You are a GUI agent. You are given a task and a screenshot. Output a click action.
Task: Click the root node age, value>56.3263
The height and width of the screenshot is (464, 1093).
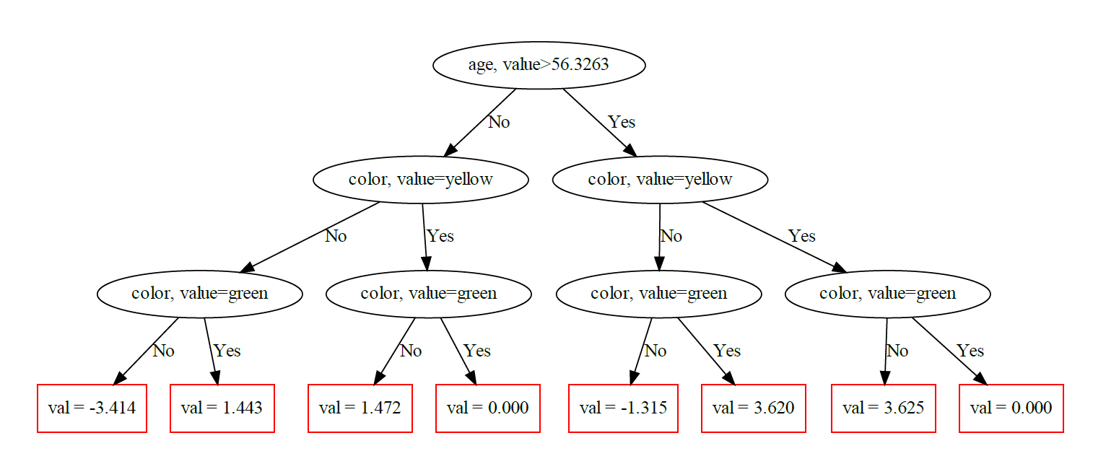(x=539, y=65)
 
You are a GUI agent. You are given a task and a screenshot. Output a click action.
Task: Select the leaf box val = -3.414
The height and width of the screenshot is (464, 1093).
(x=92, y=408)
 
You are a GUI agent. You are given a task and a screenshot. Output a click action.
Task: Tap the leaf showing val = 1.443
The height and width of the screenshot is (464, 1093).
(x=222, y=408)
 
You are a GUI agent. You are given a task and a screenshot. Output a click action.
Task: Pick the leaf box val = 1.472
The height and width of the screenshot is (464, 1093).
(x=360, y=408)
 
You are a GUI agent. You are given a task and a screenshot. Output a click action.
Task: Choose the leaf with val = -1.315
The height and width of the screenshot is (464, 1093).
(x=623, y=408)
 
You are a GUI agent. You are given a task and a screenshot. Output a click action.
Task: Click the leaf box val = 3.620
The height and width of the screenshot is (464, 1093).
(x=753, y=408)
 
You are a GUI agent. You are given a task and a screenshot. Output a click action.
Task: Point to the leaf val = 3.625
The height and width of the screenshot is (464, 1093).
(x=883, y=408)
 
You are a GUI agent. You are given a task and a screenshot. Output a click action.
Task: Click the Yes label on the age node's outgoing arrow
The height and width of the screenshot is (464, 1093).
(x=622, y=122)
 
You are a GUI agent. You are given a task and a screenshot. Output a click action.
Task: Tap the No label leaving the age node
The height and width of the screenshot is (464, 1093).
(x=499, y=122)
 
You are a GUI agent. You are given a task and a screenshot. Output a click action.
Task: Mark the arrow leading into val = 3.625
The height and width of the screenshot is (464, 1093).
(x=886, y=351)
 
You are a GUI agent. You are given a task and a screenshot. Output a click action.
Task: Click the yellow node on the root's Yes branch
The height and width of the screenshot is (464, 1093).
(x=660, y=179)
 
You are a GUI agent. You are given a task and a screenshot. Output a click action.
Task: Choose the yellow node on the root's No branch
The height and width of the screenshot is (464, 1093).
(x=420, y=179)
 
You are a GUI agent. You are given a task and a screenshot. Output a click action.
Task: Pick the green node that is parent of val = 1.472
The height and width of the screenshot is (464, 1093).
(x=429, y=294)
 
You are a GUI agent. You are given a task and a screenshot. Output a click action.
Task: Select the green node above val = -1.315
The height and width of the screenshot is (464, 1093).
(x=658, y=294)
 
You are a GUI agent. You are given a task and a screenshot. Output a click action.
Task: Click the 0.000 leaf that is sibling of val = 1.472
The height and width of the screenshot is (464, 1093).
(x=488, y=408)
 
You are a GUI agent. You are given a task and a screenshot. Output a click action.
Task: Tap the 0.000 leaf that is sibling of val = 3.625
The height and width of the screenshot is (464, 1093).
(x=1011, y=408)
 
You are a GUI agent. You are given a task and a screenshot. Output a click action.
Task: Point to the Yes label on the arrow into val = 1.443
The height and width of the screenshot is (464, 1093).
(x=227, y=351)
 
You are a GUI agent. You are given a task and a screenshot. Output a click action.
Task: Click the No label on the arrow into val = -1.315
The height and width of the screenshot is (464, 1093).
(x=656, y=351)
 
